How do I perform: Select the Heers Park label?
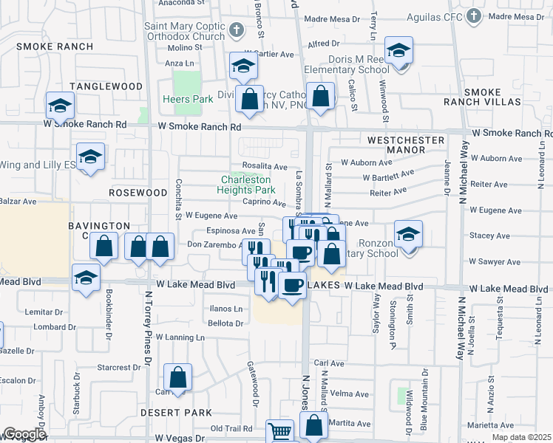pos(188,99)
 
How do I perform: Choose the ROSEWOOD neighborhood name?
pos(117,192)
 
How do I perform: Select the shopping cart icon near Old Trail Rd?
pos(279,432)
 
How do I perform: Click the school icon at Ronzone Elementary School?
pos(408,236)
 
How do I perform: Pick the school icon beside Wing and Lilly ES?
pos(90,157)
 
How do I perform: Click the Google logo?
pos(24,434)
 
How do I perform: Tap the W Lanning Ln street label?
pos(176,337)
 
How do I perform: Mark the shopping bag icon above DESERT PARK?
pos(177,379)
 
